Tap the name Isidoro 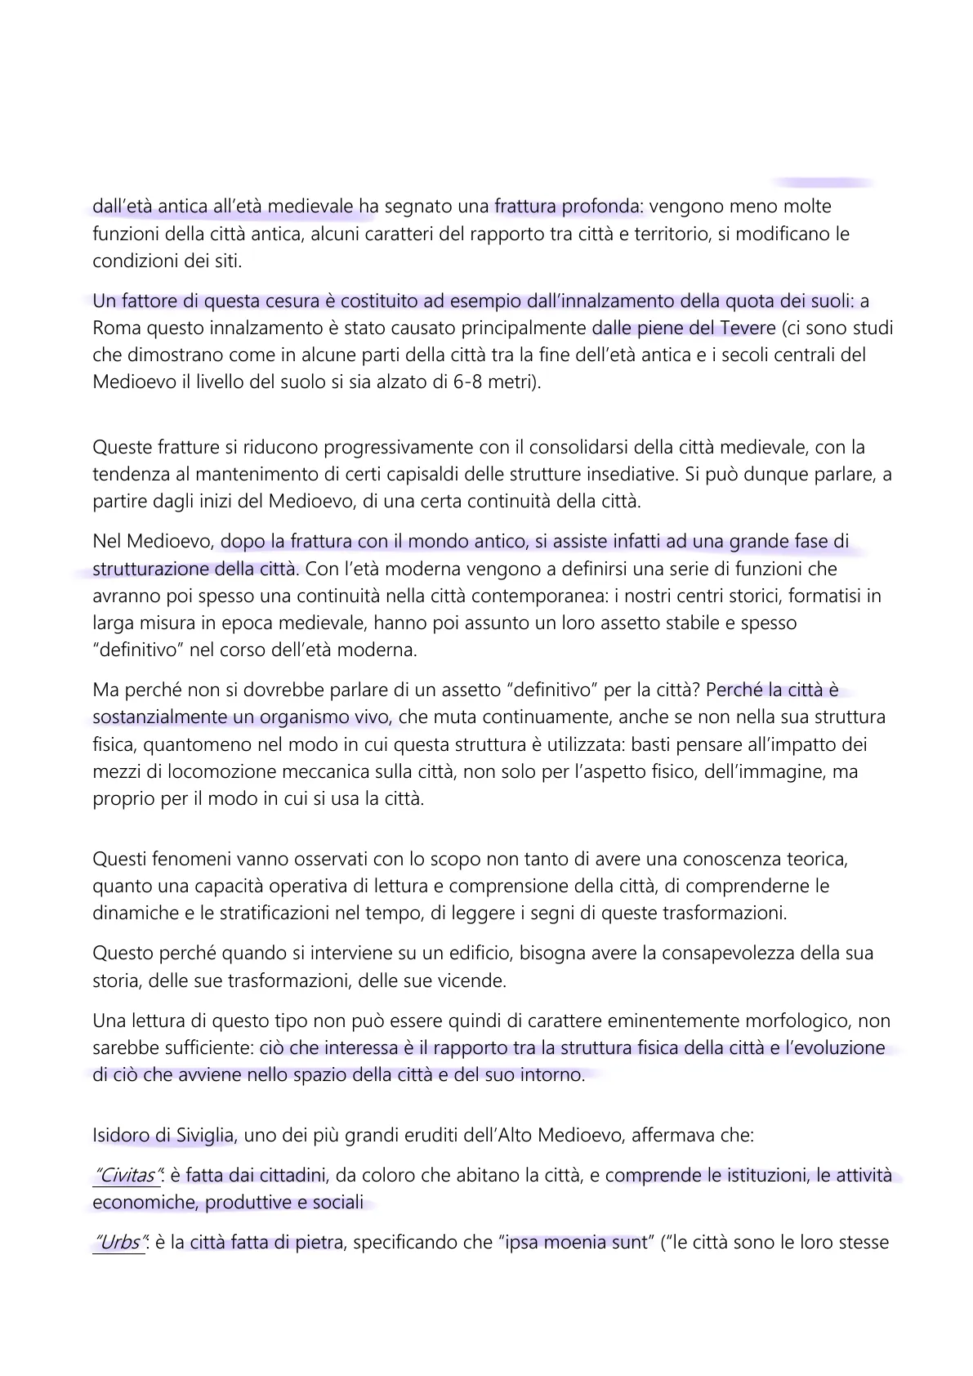[121, 1136]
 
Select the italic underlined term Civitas [125, 1176]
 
